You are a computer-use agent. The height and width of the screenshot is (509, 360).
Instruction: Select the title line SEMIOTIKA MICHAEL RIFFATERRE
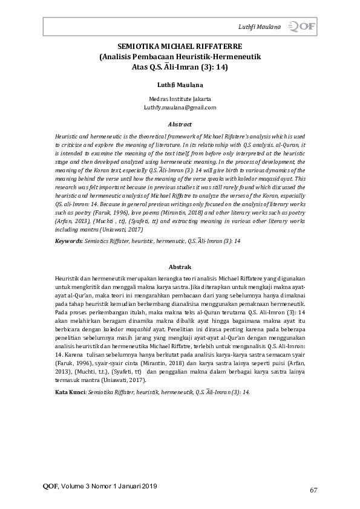pos(179,47)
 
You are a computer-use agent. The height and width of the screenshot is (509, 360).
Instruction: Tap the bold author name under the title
pos(179,85)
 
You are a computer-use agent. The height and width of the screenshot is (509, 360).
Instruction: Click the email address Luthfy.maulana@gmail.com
pos(179,108)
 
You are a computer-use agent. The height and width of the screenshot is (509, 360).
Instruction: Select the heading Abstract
pos(179,124)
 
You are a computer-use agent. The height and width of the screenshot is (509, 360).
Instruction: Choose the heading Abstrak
pos(179,267)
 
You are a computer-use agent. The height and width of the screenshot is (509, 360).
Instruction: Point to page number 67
pos(313,490)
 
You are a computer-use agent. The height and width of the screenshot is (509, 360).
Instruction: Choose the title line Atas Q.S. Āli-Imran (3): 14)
pos(179,67)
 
